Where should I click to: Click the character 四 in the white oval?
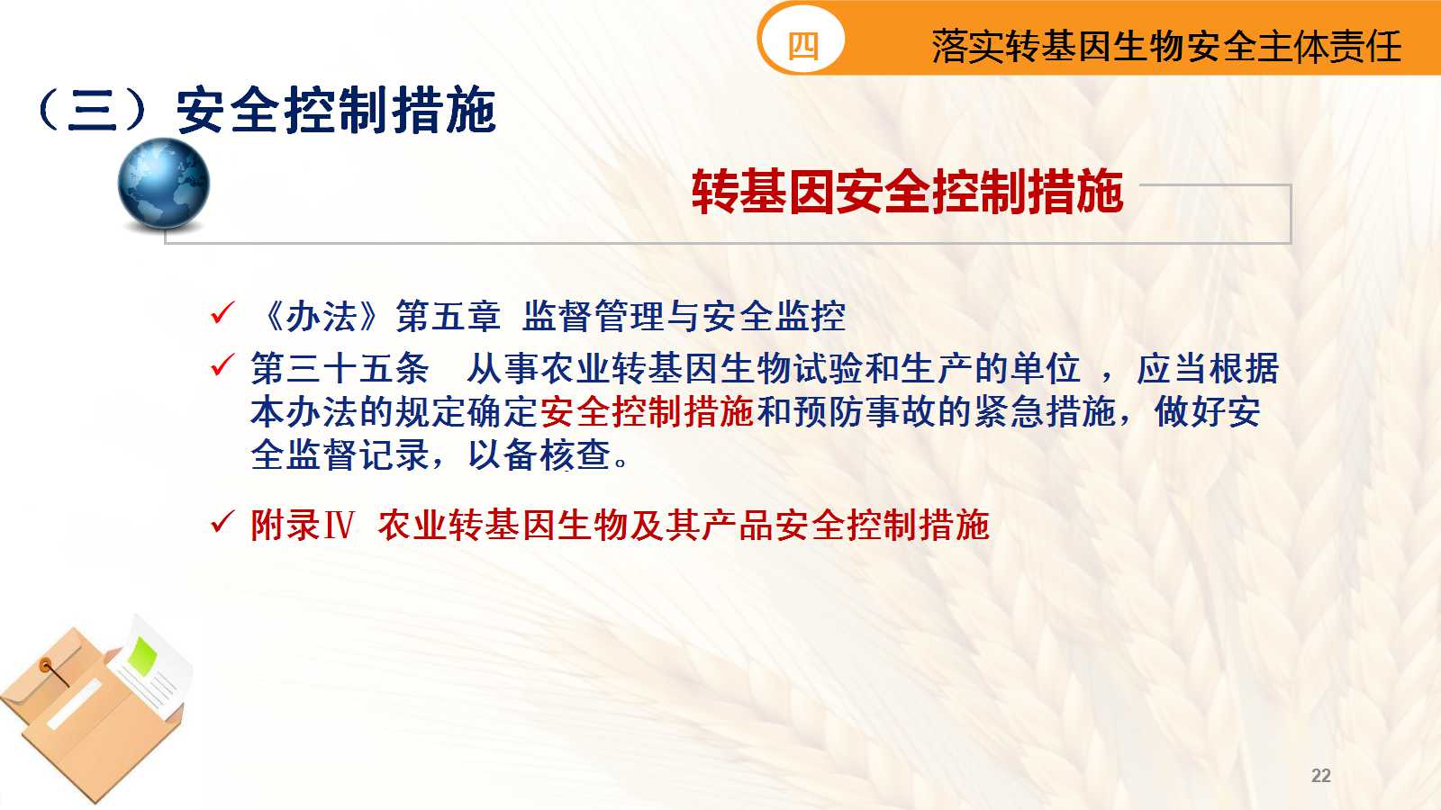[x=802, y=46]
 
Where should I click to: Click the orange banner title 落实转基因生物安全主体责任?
[x=1166, y=46]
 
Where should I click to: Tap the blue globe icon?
[x=163, y=184]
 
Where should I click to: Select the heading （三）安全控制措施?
[x=266, y=111]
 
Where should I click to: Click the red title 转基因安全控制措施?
[x=907, y=192]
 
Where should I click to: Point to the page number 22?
[x=1320, y=776]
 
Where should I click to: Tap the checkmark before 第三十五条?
[x=222, y=365]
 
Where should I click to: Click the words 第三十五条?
[x=340, y=369]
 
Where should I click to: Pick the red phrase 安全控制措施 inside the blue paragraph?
[x=647, y=412]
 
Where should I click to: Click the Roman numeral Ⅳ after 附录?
[x=339, y=526]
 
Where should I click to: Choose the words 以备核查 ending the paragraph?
[x=539, y=455]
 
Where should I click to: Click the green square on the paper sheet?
[x=142, y=654]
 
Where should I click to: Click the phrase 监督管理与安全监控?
[x=684, y=316]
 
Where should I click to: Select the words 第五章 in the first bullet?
[x=448, y=316]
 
